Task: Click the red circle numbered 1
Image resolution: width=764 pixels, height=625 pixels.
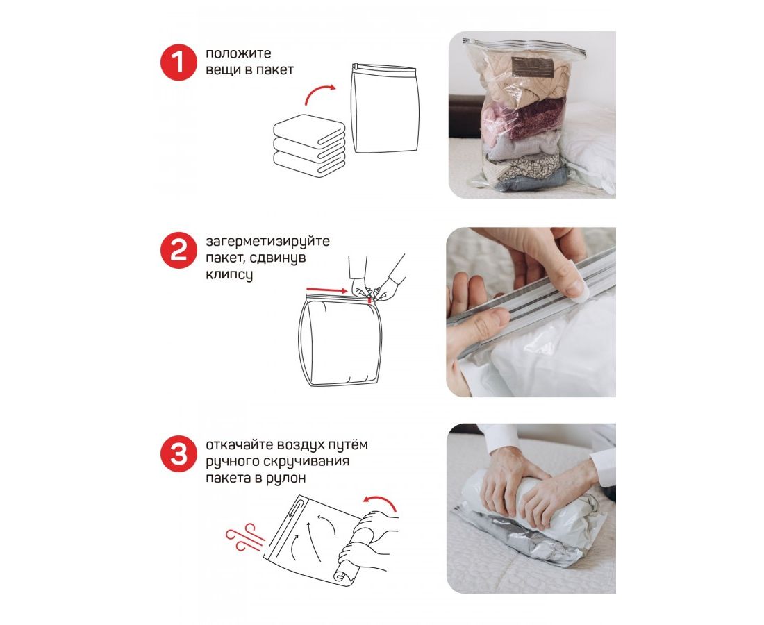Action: coord(178,62)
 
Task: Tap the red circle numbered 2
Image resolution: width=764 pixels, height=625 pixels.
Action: coord(178,251)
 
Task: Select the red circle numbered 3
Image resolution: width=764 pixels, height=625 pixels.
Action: coord(178,453)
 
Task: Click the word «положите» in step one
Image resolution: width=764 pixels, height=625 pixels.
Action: coord(238,53)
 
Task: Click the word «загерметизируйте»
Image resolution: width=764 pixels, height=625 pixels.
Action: coord(267,242)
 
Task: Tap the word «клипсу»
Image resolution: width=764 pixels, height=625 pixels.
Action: coord(229,275)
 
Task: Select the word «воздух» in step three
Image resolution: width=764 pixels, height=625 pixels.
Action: coord(304,444)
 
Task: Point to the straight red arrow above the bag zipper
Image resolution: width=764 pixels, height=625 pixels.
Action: coord(326,290)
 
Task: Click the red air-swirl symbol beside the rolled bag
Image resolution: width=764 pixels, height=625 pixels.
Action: coord(245,537)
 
